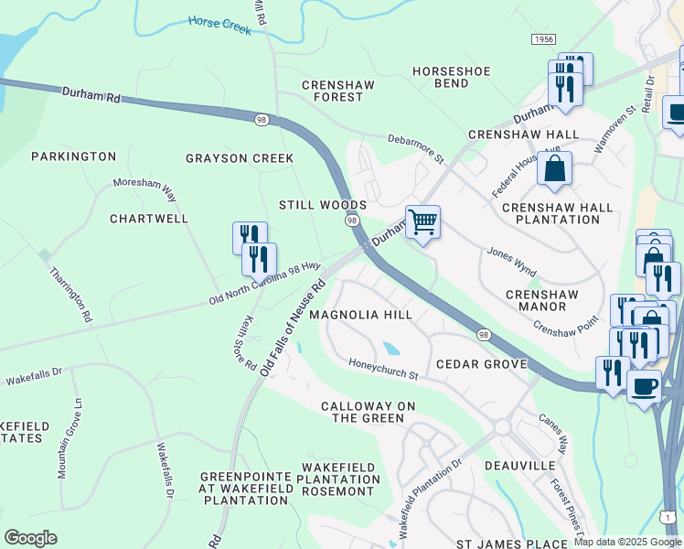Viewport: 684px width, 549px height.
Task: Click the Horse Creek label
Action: pos(219,24)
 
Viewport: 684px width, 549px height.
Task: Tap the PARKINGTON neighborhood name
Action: pos(74,156)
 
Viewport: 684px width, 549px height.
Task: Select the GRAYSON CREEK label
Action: pos(240,158)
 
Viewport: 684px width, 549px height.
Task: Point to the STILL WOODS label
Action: pos(323,205)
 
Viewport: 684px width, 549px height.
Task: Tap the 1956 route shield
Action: pos(542,39)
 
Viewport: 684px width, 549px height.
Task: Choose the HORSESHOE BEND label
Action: pos(452,77)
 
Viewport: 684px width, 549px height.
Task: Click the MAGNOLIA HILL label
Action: pos(360,314)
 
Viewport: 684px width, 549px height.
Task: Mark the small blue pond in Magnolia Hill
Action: pos(390,348)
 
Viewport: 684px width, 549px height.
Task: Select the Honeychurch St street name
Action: pos(382,370)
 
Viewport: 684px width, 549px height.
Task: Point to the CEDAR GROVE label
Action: pos(481,364)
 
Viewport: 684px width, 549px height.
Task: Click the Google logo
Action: pos(31,538)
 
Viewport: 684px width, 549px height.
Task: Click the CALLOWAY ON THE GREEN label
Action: pos(362,412)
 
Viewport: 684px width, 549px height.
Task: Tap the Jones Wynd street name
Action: pos(511,261)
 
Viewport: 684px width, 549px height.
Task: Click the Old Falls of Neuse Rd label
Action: pos(293,328)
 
